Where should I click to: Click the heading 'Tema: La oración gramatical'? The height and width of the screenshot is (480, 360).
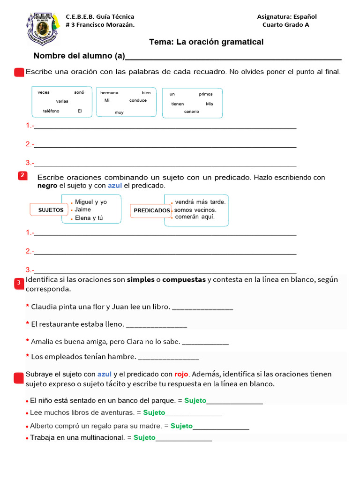tap(206, 42)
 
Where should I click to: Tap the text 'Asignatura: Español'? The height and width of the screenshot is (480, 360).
tap(287, 17)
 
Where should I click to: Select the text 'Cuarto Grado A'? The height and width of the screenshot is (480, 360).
tap(285, 25)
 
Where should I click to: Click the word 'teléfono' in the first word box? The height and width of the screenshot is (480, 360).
tap(51, 111)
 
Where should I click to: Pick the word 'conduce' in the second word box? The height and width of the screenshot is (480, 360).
tap(138, 100)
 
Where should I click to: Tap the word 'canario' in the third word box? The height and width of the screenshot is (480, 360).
tap(191, 112)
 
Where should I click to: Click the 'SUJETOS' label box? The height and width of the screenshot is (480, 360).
tap(51, 210)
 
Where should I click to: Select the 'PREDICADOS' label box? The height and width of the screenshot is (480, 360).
tap(151, 211)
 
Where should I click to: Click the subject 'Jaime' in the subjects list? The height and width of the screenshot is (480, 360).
tap(83, 210)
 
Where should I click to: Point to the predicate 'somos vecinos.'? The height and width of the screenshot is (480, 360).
tap(195, 210)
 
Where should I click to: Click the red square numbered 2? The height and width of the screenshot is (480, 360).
tap(22, 176)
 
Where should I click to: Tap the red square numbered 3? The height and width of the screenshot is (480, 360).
tap(19, 283)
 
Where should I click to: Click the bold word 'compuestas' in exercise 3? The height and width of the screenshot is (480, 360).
tap(184, 280)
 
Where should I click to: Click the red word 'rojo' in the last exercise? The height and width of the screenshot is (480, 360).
tap(181, 374)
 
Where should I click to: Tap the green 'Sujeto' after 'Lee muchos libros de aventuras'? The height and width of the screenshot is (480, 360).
tap(154, 412)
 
